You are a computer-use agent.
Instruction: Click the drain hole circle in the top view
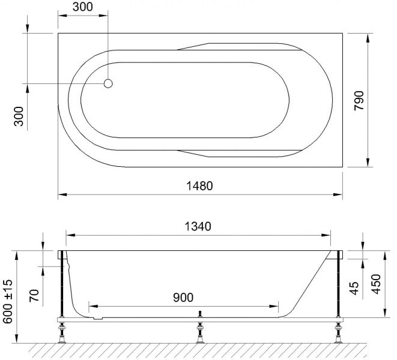pos(108,83)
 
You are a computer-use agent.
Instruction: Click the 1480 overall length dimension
pos(199,186)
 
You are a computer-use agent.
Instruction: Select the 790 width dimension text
pos(359,100)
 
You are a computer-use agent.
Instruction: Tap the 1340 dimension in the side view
pos(198,226)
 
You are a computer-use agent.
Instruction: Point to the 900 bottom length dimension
pos(183,298)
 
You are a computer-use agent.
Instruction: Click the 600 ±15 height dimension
pos(8,301)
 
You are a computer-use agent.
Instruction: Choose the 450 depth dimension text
pos(376,284)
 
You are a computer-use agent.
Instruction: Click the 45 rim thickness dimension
pos(354,288)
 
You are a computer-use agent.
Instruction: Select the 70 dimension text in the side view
pos(34,295)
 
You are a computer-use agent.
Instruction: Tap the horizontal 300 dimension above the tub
pos(82,7)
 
